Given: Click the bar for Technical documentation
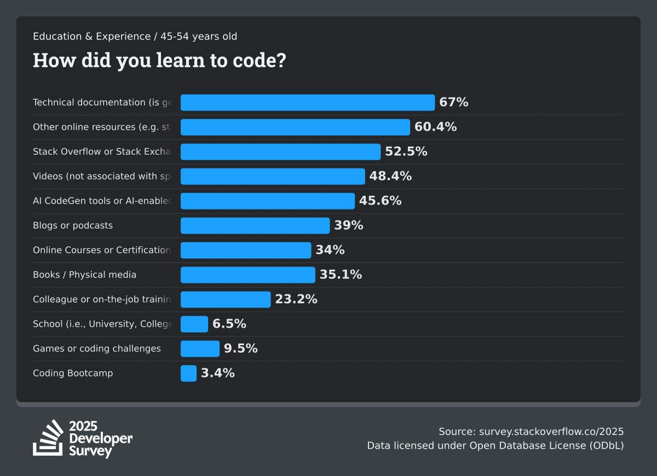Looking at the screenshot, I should coord(307,102).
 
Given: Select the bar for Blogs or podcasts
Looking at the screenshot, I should coord(255,225).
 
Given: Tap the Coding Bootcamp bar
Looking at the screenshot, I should coord(188,373).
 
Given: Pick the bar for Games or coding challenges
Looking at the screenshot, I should coord(200,349).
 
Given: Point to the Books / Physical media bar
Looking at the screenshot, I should coord(247,275).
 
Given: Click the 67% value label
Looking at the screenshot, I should coord(453,102).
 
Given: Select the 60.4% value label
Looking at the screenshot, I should coord(435,127).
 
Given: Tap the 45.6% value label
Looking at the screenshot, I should coord(380,201).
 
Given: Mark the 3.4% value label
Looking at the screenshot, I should coord(217,373).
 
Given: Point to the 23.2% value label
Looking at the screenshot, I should coord(296,299).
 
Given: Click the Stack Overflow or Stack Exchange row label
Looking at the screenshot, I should coord(102,152).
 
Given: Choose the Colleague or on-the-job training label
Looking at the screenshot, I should coord(102,299).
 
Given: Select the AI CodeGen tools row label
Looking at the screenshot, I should coord(102,201).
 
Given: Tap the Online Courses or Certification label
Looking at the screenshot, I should coord(102,250).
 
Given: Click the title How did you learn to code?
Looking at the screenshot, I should coord(159,60).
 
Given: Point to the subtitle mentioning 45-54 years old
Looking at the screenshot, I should coord(135,37).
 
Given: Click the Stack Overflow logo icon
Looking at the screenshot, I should coord(48,438).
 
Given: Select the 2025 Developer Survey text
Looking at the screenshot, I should coord(101,439).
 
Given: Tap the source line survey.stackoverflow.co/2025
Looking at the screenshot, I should coord(531,431).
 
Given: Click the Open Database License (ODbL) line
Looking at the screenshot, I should coord(495,445).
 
